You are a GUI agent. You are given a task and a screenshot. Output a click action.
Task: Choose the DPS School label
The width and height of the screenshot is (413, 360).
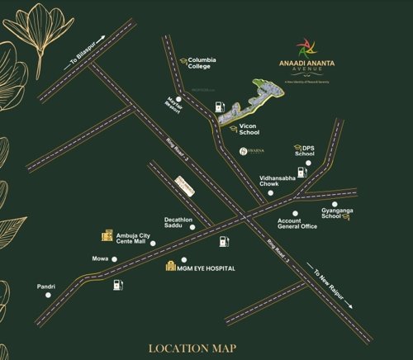click(x=305, y=150)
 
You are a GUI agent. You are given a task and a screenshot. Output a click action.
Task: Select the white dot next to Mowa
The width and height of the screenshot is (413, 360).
click(x=114, y=259)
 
